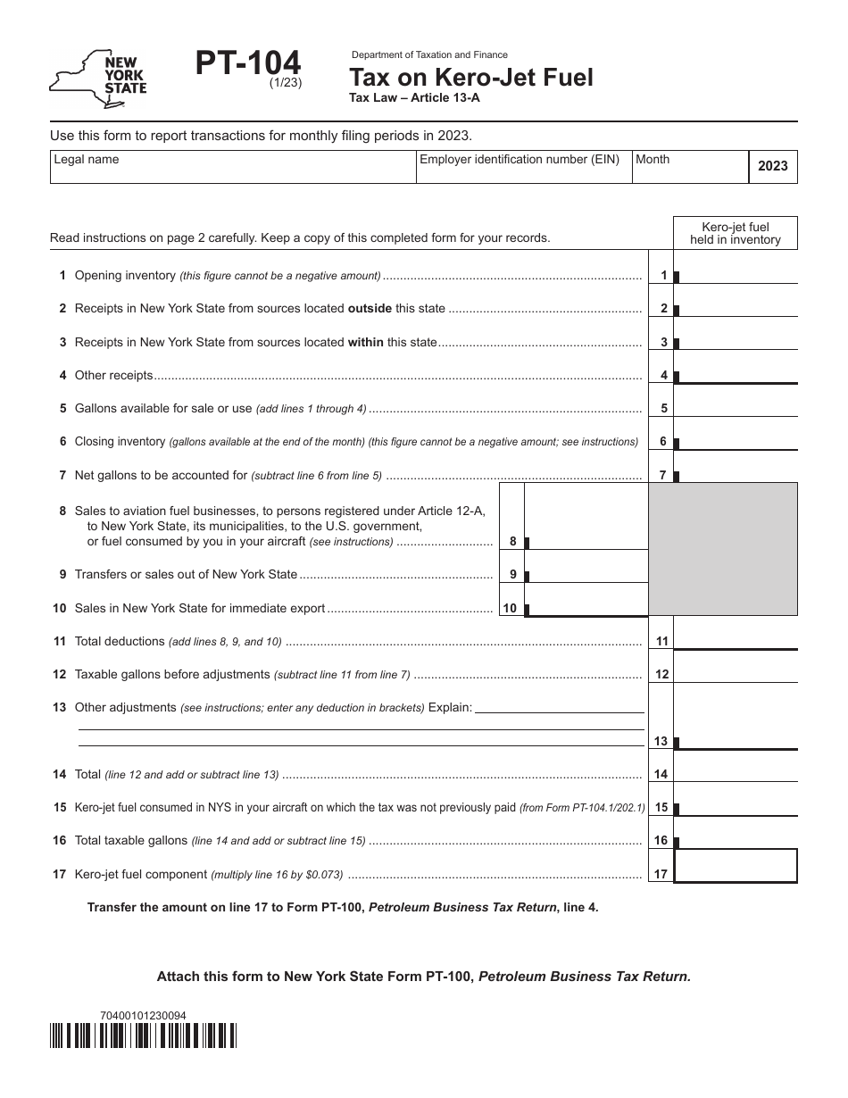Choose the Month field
[x=689, y=167]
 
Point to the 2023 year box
[x=772, y=166]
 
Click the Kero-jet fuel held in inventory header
[x=735, y=233]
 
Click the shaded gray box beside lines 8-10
[x=723, y=549]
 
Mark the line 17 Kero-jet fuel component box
[x=736, y=866]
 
